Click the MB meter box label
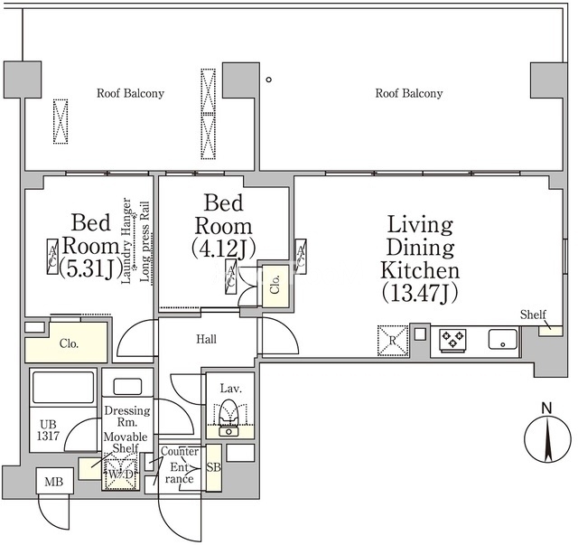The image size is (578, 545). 54,482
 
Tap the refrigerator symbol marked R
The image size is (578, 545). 393,340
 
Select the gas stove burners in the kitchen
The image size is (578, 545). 452,340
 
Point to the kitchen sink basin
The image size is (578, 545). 503,339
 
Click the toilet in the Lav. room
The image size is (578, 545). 228,418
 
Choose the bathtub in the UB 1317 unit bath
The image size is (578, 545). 63,387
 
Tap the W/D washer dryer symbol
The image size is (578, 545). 120,475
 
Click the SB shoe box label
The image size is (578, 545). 213,467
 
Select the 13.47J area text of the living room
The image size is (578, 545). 420,294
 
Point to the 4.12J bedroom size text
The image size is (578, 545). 223,249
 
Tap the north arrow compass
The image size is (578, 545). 547,439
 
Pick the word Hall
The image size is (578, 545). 206,339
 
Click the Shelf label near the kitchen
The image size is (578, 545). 533,315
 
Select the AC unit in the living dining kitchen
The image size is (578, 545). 301,257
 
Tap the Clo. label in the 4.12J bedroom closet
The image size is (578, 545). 275,285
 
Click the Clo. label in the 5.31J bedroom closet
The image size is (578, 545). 69,343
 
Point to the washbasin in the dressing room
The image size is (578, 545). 127,386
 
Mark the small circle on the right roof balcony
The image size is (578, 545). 269,80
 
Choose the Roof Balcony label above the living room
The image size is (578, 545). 409,93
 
